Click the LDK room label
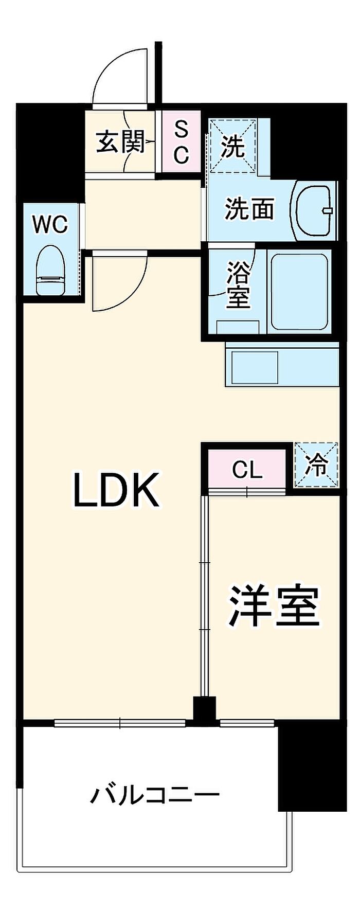115,490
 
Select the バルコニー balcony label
155,796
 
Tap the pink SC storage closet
180,142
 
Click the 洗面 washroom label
249,209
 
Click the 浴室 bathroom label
238,285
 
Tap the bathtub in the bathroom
299,291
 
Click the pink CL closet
247,469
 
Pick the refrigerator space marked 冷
316,465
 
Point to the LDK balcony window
120,723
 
